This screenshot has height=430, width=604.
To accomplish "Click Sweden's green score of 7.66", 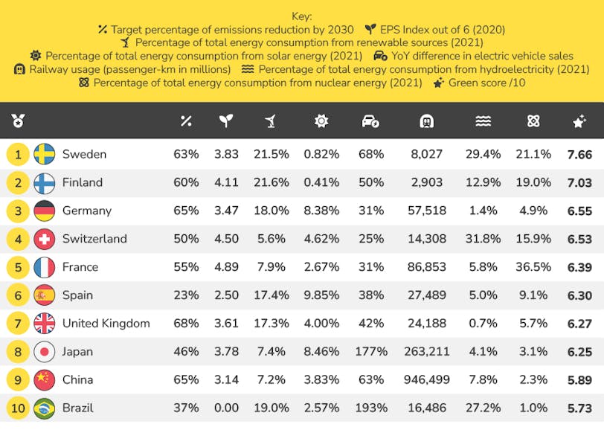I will coord(579,155).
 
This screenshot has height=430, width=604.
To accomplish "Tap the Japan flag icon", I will coord(45,351).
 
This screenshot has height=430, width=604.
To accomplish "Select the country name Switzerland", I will coord(94,239).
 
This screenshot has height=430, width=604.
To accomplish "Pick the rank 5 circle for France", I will coord(18,267).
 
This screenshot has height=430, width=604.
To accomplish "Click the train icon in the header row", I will coord(428,121).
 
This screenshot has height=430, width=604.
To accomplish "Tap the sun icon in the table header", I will coord(321,121).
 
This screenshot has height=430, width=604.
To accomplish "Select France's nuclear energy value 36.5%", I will coord(533,267).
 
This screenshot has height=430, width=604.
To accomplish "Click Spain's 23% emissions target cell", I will coord(186,295).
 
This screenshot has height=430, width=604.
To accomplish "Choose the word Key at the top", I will coord(302,16).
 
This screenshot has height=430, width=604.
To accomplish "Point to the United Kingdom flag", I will coord(45,324).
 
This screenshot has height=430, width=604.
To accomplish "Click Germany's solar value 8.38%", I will coord(321,211).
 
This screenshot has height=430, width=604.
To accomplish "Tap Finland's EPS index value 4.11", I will coord(226,182).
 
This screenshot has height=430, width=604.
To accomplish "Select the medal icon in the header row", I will coord(18,121).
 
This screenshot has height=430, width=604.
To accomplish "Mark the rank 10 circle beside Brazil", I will coord(18,408).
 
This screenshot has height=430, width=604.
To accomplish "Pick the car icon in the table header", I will coord(370,121).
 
